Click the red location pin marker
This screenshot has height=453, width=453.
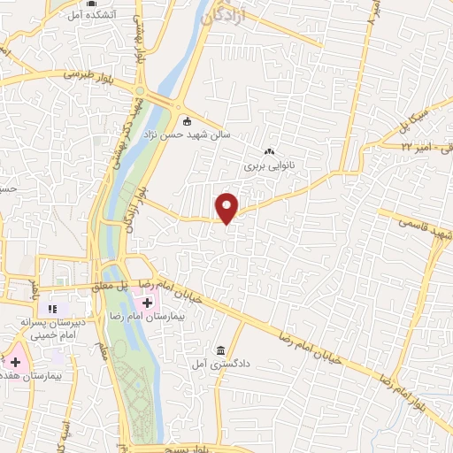click(x=228, y=207)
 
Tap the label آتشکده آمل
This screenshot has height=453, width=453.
click(x=88, y=16)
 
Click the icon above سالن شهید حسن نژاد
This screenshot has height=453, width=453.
click(x=186, y=121)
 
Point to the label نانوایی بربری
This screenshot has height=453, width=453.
click(x=267, y=165)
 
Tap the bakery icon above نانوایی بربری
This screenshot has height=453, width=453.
click(x=269, y=151)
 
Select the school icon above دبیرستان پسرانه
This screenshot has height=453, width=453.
click(x=52, y=309)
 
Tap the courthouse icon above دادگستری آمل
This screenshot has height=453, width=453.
click(x=220, y=349)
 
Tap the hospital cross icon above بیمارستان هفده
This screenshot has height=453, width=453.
click(x=14, y=362)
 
